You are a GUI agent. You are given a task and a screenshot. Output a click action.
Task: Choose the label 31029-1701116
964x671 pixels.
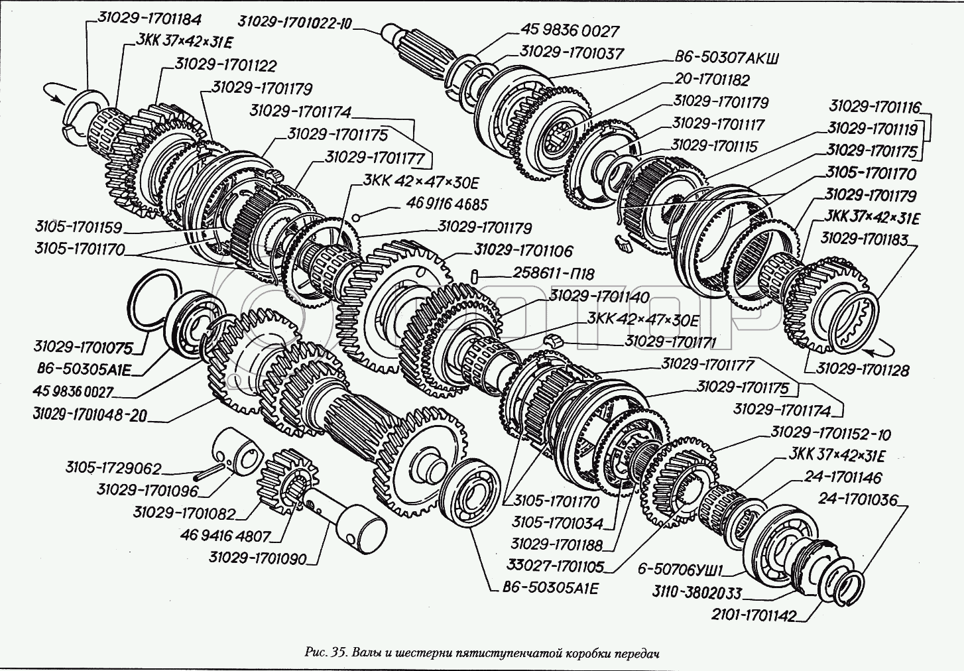(875, 107)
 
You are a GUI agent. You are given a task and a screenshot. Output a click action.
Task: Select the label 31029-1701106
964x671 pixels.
(522, 251)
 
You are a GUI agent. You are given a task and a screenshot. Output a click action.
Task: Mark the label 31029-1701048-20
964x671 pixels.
(90, 414)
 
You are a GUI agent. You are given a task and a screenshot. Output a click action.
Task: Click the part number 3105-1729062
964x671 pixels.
(113, 468)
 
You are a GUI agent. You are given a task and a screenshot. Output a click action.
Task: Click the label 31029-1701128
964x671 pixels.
(862, 369)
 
